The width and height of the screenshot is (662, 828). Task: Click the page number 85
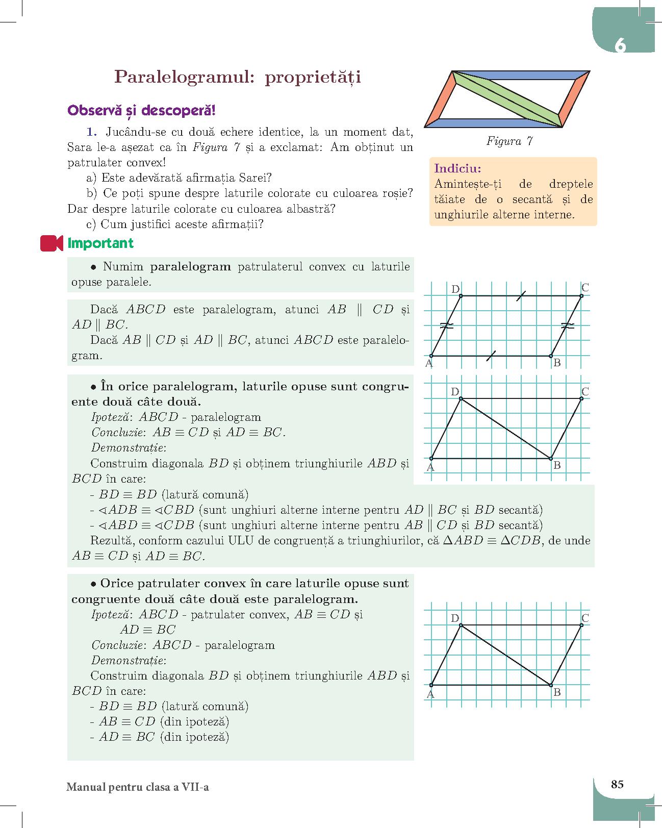[617, 784]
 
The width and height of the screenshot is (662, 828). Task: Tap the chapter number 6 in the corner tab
[620, 46]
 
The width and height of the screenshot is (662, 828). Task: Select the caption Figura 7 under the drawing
[510, 141]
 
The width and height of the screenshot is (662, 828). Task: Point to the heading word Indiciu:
[457, 168]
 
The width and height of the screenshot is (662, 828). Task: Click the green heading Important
[100, 243]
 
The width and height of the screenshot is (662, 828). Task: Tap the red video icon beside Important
[51, 243]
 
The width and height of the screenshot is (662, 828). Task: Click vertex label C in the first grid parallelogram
[585, 288]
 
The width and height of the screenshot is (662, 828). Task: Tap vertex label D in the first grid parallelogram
[455, 289]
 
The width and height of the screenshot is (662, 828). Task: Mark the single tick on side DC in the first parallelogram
[521, 296]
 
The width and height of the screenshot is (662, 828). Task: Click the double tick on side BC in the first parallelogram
[567, 325]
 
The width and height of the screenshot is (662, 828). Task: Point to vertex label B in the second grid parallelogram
[557, 465]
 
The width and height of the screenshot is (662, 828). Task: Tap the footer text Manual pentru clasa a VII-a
[138, 787]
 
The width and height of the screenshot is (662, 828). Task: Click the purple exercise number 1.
[91, 132]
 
